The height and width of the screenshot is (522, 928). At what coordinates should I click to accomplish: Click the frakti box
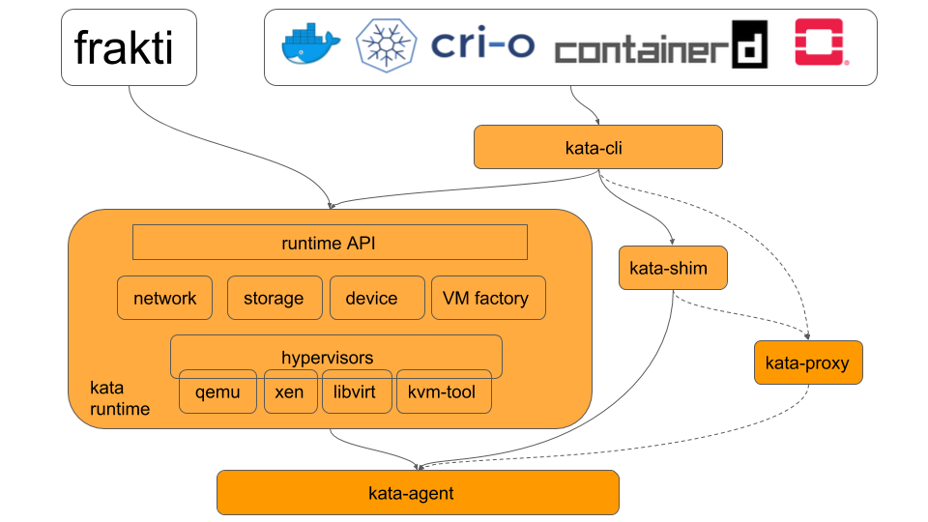pos(129,47)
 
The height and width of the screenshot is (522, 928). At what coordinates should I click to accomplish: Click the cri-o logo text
pos(481,43)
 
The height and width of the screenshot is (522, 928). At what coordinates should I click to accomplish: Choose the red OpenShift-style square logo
pos(820,43)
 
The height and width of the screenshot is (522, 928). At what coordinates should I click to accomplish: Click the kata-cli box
pos(597,147)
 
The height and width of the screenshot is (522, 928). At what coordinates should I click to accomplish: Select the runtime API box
pos(329,243)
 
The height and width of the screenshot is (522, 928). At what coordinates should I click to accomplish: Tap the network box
pos(164,298)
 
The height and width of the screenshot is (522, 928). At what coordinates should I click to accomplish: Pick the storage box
pos(274,298)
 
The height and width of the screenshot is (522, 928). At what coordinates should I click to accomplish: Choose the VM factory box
pos(487,298)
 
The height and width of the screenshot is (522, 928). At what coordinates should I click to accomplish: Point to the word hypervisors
pos(327,358)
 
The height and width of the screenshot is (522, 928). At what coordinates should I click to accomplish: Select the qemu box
pos(217,392)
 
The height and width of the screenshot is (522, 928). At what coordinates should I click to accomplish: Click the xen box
pos(290,392)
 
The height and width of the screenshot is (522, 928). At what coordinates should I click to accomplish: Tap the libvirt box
pos(357,392)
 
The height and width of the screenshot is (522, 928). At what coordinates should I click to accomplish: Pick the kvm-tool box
pos(443,392)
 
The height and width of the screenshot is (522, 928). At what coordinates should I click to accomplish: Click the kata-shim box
pos(673,268)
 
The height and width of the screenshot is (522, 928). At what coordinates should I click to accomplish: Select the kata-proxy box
pos(807,363)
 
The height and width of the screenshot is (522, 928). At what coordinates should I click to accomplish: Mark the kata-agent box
pos(417,493)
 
